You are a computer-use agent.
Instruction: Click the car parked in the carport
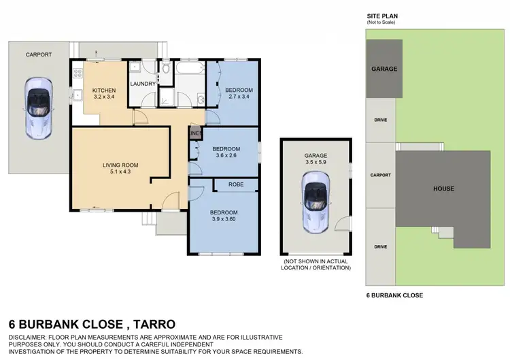click(38, 109)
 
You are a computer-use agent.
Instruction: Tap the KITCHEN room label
click(104, 91)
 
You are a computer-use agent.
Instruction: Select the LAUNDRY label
click(143, 84)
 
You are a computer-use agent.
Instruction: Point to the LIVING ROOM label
click(120, 164)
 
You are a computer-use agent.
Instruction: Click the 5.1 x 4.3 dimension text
click(120, 171)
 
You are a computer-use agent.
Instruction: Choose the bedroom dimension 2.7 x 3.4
click(239, 97)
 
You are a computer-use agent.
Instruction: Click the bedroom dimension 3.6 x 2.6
click(226, 156)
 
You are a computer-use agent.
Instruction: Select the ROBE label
click(236, 184)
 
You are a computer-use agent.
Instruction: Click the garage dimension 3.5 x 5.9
click(316, 163)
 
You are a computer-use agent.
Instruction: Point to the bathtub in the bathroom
click(190, 69)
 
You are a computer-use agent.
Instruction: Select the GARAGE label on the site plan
click(384, 69)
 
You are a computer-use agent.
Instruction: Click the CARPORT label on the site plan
click(380, 175)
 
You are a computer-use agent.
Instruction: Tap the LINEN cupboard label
click(196, 133)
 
